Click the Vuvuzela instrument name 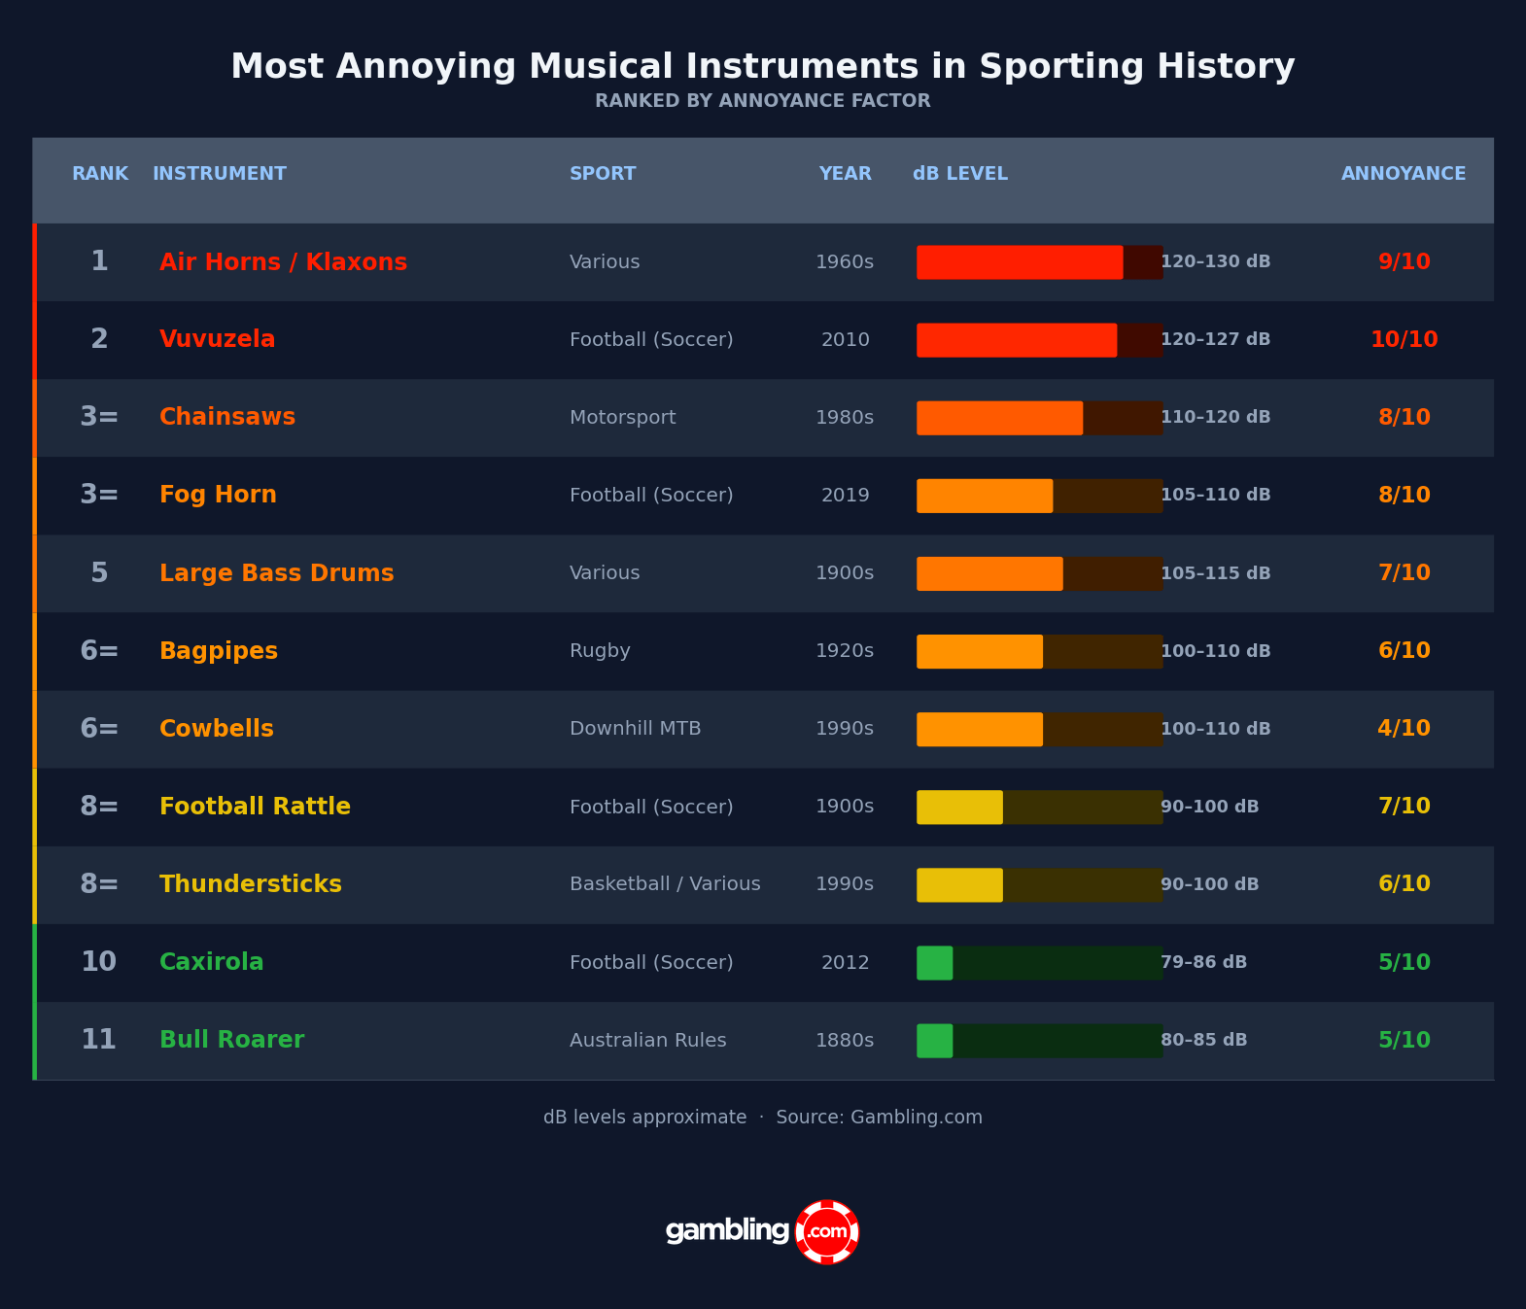point(217,340)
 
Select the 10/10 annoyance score point(1404,340)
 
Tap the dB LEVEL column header point(959,174)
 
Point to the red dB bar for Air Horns point(1020,262)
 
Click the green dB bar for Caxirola point(935,963)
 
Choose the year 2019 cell point(845,496)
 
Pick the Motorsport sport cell point(622,418)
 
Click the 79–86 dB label point(1203,963)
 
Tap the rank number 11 point(98,1041)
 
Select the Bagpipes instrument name point(219,652)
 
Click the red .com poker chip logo point(826,1232)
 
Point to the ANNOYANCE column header point(1403,174)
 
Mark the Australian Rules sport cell point(647,1041)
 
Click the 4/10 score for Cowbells point(1404,729)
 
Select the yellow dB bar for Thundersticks point(959,885)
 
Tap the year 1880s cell point(845,1041)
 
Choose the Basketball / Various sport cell point(665,885)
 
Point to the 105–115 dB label point(1215,574)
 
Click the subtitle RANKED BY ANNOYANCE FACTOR point(763,101)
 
